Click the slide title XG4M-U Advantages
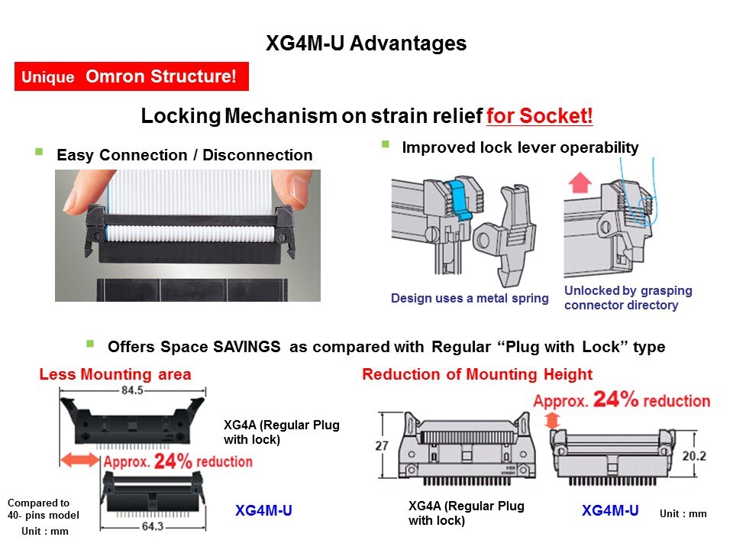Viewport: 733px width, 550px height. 366,44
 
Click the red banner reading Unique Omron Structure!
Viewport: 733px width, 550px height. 131,76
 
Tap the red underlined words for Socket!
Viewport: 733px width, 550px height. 540,116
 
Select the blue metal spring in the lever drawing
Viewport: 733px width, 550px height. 458,199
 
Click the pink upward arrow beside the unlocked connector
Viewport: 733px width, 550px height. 580,183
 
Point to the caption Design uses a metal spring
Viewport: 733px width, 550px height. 470,299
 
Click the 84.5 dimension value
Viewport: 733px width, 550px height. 132,390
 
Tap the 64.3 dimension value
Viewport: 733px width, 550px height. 153,526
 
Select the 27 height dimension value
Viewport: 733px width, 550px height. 382,445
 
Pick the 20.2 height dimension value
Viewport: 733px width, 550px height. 694,456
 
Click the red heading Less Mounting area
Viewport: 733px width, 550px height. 115,374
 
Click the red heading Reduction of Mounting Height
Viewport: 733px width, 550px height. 477,374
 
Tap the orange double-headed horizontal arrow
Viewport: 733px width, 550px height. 80,459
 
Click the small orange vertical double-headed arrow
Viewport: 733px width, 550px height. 552,420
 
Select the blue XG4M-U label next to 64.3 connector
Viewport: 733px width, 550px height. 263,510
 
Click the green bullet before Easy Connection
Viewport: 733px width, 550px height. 39,151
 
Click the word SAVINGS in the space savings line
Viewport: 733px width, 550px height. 247,347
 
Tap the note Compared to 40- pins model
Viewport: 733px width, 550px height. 43,509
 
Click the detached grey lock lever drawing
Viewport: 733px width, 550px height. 505,234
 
